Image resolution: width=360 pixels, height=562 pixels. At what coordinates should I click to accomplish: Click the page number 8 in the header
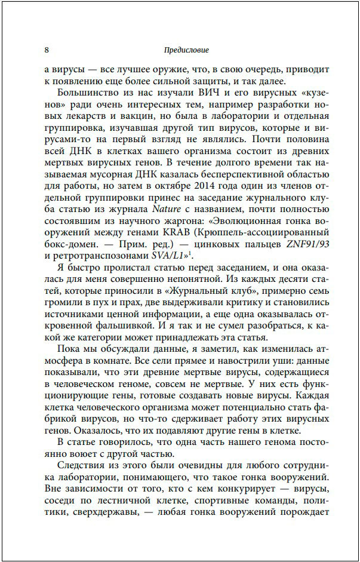coord(47,50)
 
